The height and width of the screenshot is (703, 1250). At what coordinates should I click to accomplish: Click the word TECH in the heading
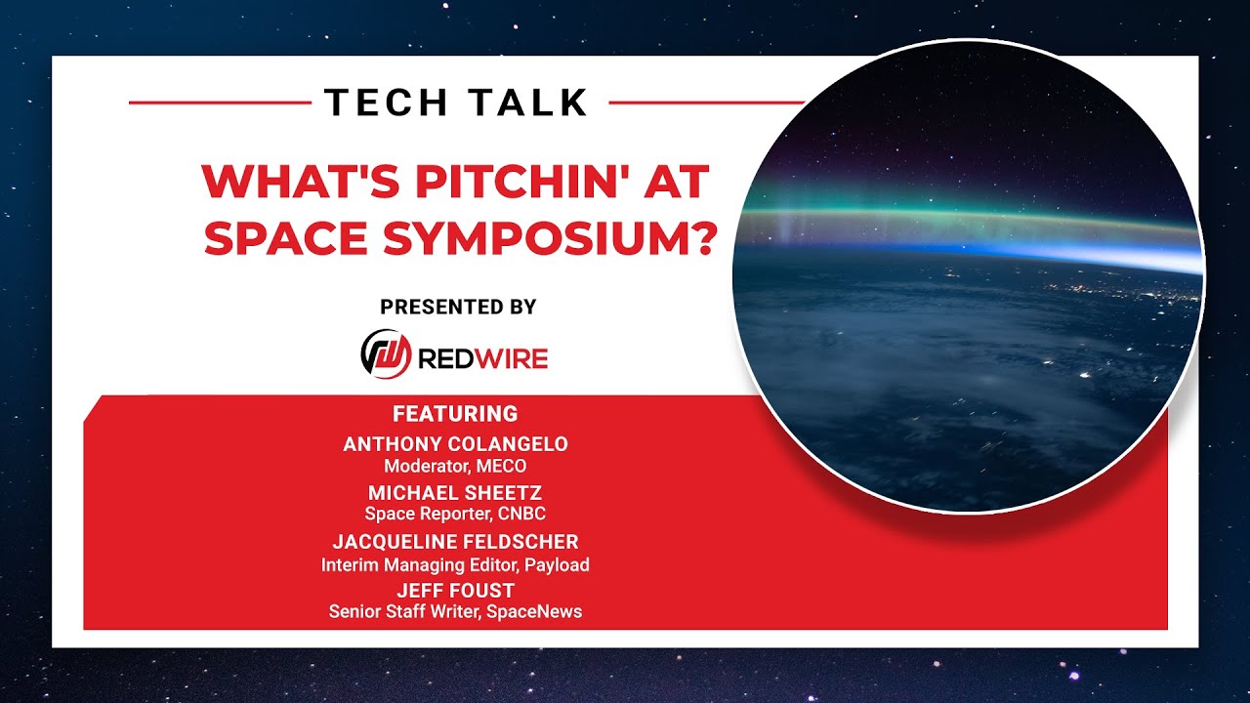point(386,103)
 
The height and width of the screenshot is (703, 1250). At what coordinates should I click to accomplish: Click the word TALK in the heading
point(528,103)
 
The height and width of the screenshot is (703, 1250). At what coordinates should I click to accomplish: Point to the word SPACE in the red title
point(286,237)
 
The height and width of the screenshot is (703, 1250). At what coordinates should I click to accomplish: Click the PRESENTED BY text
point(458,307)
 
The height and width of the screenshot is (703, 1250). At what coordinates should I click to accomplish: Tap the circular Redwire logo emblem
point(386,354)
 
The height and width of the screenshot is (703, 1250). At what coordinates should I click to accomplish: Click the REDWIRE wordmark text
point(482,358)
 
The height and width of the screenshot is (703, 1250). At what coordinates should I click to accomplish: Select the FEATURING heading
point(455,414)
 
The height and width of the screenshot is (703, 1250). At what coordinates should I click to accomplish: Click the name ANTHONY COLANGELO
point(455,444)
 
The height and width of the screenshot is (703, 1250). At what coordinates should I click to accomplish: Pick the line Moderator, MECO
point(455,466)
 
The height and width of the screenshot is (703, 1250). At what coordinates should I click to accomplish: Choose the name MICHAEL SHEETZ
point(455,493)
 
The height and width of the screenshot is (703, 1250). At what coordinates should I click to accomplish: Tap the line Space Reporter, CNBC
point(455,514)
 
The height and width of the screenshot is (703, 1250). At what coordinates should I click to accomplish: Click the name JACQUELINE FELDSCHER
point(455,542)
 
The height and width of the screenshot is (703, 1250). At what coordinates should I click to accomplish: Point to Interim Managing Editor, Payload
point(455,565)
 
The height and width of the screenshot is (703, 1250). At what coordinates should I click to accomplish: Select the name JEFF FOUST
point(455,591)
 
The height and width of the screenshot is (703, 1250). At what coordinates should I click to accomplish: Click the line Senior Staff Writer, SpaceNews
point(455,612)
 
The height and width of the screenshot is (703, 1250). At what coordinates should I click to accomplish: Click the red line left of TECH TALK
point(220,103)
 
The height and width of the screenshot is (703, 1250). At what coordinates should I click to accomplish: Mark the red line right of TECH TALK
point(706,103)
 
